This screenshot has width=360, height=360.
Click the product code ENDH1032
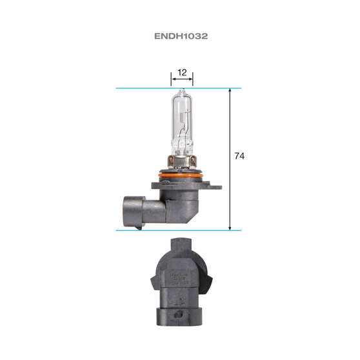(x=180, y=37)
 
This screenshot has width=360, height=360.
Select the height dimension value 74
(x=240, y=156)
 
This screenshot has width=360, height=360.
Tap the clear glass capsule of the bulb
(x=182, y=119)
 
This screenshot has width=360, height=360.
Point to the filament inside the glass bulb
(x=183, y=126)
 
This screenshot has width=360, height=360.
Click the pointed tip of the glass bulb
(x=182, y=91)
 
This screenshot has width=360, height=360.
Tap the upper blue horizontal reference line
(x=142, y=88)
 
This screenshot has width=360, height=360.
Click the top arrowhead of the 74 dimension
(x=230, y=91)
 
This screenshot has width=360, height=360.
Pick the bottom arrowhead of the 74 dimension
(x=230, y=227)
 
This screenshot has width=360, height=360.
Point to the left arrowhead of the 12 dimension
(x=173, y=80)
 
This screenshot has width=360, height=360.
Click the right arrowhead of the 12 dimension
(x=192, y=80)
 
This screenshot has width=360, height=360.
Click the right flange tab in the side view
(x=215, y=187)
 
